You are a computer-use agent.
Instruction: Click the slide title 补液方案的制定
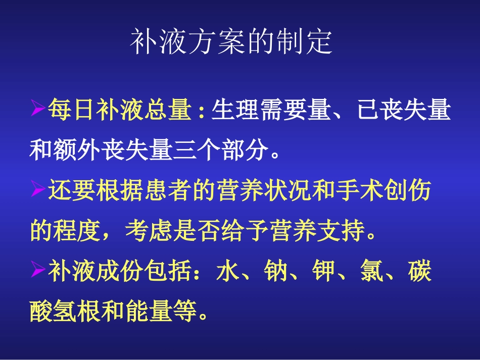point(231,42)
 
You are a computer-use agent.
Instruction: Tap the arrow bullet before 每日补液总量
point(38,110)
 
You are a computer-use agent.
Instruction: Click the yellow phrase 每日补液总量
point(120,111)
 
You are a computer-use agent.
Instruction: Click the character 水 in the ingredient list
point(226,273)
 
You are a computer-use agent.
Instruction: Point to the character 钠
point(273,273)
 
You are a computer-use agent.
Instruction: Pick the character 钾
point(321,273)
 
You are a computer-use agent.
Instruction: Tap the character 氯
point(369,273)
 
